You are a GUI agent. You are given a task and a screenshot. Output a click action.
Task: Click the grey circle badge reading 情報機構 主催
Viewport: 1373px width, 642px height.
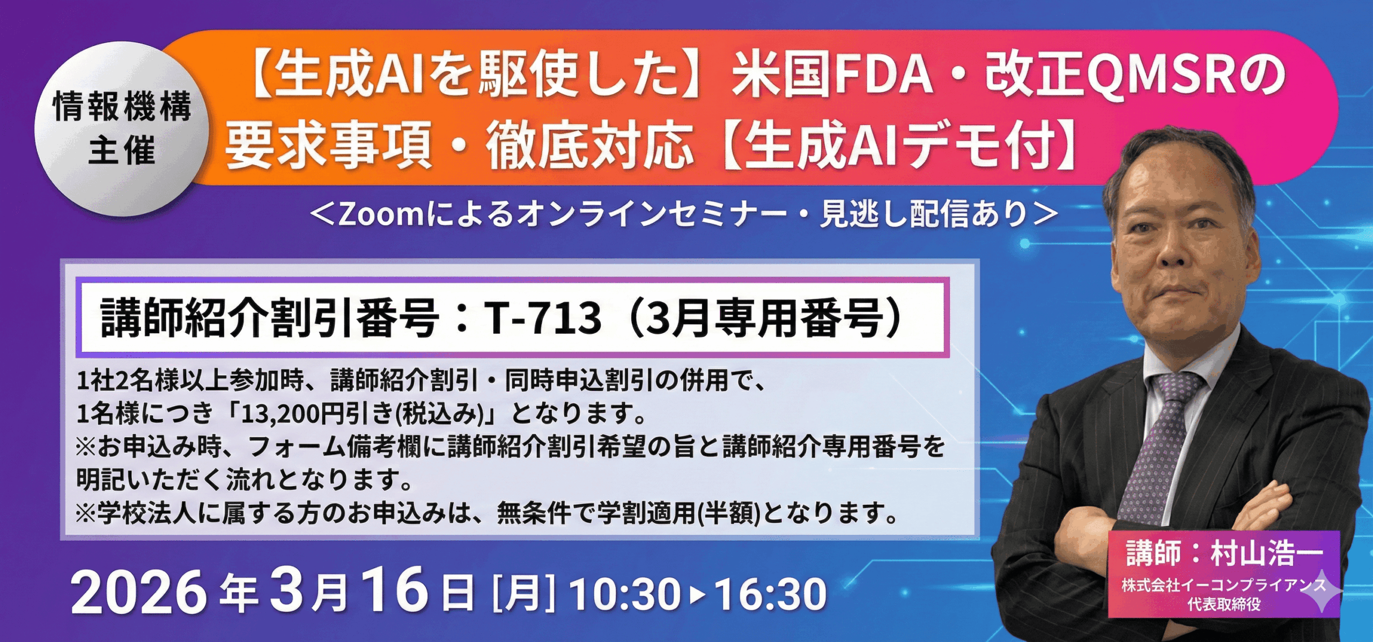tap(122, 129)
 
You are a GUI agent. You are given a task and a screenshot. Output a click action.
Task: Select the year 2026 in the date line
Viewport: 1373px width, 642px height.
tap(139, 592)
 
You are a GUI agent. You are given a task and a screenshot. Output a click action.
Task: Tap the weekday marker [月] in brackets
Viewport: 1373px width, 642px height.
tap(523, 593)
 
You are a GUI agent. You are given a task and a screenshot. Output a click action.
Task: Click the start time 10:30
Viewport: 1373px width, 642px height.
tap(625, 594)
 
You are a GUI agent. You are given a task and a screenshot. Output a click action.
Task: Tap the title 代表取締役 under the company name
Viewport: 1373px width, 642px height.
tap(1223, 604)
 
